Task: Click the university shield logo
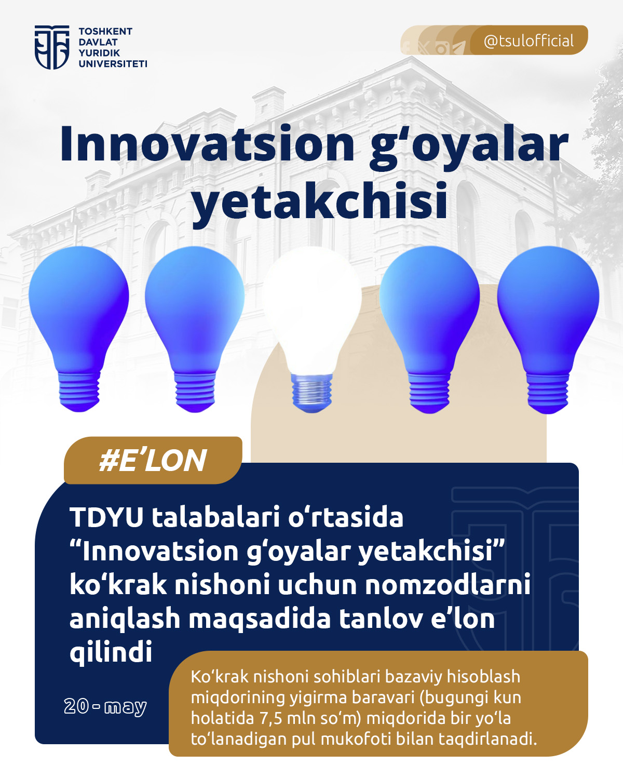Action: click(52, 47)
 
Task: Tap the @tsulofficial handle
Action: click(529, 41)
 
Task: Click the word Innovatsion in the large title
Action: click(207, 144)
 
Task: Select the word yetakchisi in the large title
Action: click(320, 200)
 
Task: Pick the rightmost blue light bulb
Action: click(548, 329)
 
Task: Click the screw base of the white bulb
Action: click(311, 393)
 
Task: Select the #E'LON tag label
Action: click(153, 461)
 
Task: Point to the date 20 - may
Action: click(105, 707)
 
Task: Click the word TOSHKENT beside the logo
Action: click(105, 31)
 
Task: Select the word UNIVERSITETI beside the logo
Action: click(113, 64)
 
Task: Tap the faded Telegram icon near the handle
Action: click(459, 48)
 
